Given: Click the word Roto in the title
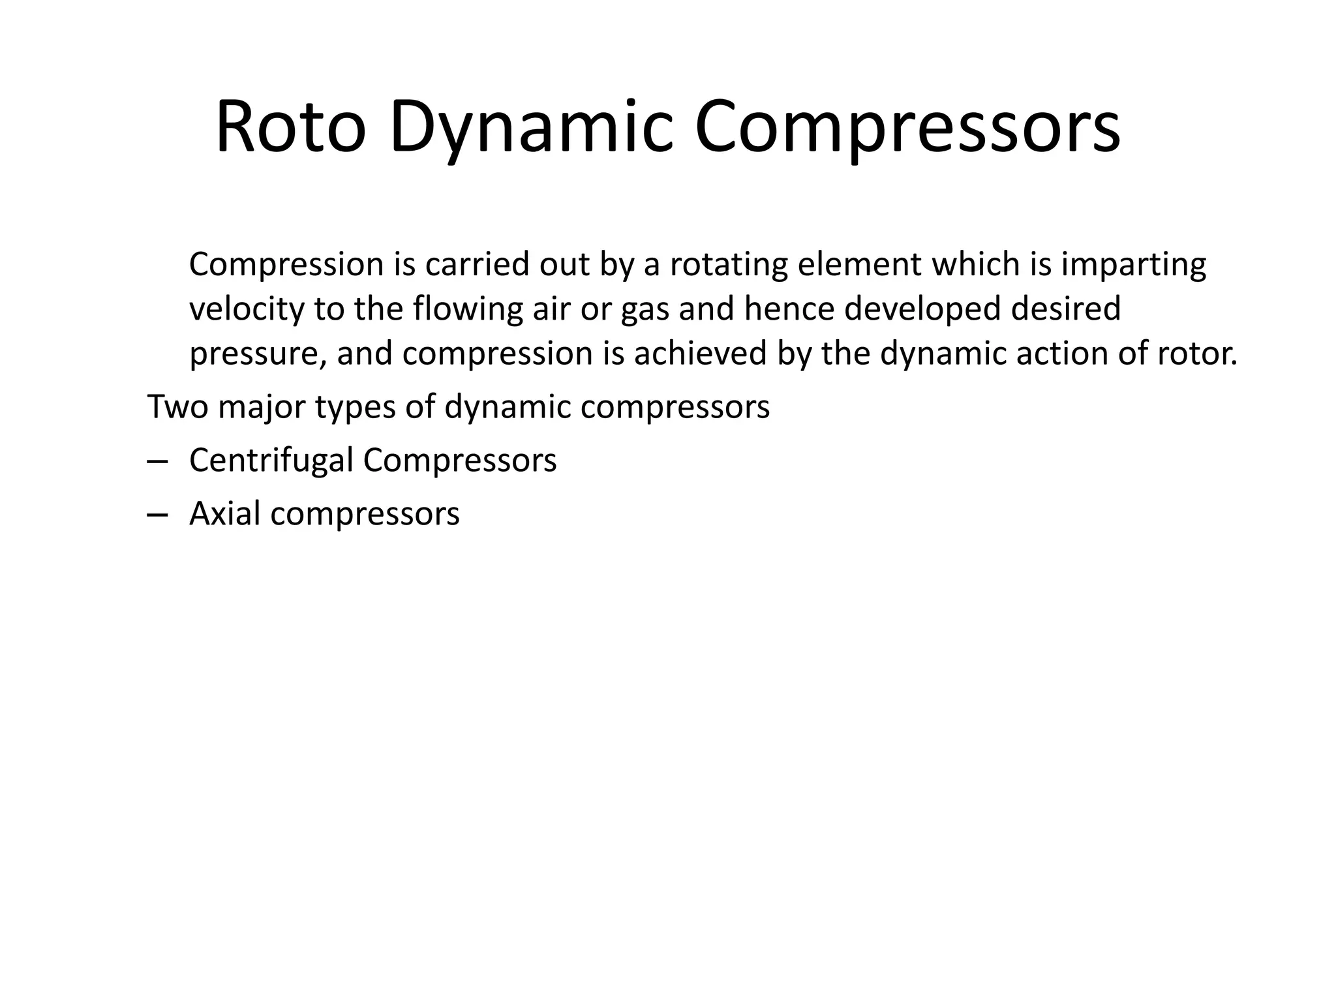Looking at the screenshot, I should click(290, 127).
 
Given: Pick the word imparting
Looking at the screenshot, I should click(1134, 266).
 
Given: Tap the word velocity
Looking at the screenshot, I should click(247, 309).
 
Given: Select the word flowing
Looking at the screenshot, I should click(468, 309).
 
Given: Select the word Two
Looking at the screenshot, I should click(177, 406).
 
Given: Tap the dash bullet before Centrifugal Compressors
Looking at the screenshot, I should click(157, 461).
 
